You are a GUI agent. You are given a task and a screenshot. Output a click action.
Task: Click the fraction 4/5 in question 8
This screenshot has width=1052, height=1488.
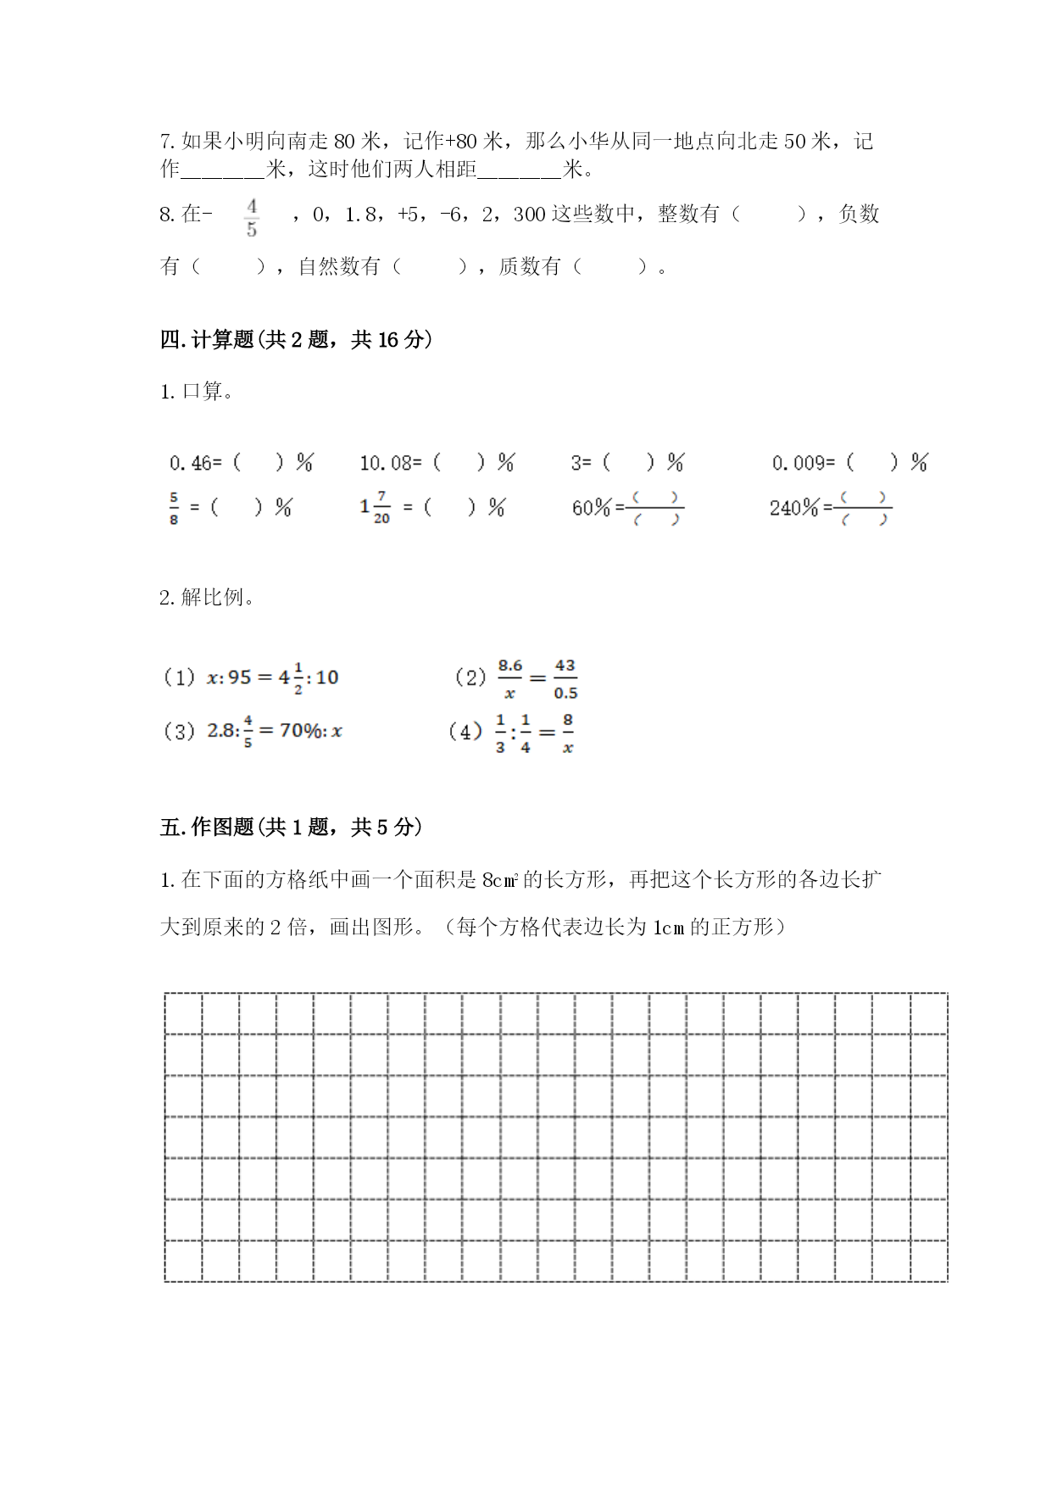click(251, 218)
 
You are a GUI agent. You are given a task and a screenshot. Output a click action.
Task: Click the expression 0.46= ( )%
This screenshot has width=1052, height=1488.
click(241, 463)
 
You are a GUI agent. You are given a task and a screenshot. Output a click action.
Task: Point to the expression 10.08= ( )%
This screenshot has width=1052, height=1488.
click(437, 463)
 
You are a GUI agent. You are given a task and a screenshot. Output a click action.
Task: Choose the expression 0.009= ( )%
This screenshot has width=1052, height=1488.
click(849, 463)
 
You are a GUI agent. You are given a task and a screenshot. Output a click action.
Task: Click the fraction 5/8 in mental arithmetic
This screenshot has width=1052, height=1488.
click(174, 507)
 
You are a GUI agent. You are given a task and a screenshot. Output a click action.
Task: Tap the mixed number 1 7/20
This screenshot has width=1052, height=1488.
click(375, 507)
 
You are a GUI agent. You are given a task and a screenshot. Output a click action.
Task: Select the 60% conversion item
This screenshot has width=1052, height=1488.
click(627, 508)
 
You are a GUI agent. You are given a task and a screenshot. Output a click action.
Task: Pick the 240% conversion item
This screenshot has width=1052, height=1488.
click(830, 508)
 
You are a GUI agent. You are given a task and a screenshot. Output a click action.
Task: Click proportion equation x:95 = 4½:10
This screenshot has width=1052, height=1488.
click(272, 677)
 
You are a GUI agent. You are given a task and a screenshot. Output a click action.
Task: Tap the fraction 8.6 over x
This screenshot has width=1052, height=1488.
click(510, 678)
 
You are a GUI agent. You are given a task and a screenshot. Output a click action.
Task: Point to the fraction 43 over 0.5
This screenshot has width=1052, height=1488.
click(565, 678)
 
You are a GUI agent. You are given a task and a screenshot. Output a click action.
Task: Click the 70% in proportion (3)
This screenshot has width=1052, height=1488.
click(299, 730)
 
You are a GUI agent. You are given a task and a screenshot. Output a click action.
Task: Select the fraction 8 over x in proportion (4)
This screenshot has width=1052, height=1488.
click(567, 733)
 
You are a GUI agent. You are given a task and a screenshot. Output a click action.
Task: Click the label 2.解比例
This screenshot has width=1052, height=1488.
click(207, 597)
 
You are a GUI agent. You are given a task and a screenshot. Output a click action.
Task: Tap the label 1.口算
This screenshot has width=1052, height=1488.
click(197, 392)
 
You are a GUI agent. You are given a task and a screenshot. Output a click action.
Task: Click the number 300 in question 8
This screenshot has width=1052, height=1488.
click(529, 215)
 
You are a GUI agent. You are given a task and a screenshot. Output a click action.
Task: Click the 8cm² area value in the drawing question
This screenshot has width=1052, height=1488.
click(499, 880)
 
